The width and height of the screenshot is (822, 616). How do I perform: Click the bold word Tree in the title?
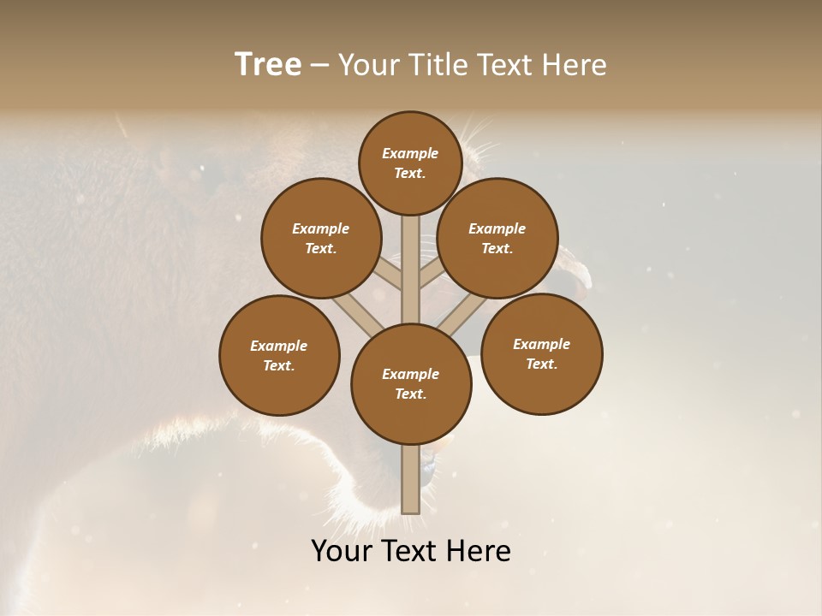click(x=268, y=65)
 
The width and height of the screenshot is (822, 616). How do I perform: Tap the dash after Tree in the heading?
click(x=319, y=66)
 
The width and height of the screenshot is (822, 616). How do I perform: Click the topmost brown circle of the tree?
click(x=410, y=163)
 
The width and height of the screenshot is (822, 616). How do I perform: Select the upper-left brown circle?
click(x=320, y=238)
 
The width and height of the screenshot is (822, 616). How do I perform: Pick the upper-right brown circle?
click(x=497, y=238)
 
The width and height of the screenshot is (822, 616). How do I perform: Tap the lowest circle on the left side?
click(x=279, y=355)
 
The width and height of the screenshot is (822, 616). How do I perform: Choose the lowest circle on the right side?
click(x=541, y=353)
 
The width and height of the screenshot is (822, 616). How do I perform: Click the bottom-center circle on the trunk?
click(x=411, y=384)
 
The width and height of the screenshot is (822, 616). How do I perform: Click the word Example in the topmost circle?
click(x=410, y=153)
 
